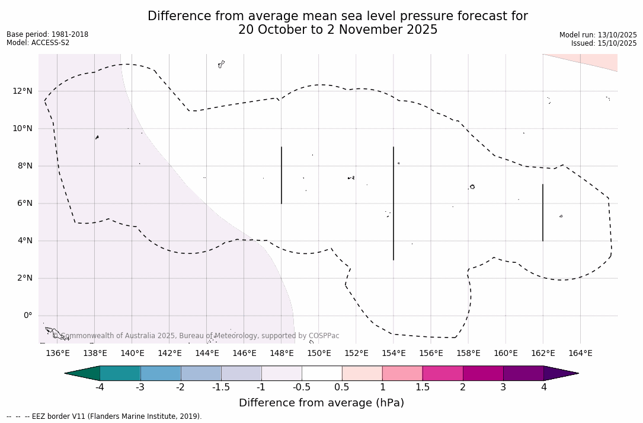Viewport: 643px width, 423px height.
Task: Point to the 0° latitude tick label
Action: point(27,316)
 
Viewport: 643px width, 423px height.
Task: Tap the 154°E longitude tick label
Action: point(394,354)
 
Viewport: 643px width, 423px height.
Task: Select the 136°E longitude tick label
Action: point(57,354)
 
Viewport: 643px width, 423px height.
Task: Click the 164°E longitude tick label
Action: point(580,354)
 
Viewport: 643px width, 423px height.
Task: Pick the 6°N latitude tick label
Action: point(24,203)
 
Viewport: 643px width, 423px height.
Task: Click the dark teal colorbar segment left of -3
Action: point(120,373)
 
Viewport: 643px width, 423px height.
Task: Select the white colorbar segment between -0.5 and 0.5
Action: point(322,373)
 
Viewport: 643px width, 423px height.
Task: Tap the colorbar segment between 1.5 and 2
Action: point(443,373)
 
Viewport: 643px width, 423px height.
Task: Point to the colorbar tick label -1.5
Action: point(221,387)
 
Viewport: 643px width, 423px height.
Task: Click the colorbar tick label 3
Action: point(503,387)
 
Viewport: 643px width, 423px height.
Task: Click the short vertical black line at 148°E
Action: point(281,175)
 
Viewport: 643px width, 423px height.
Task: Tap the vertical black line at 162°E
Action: point(543,212)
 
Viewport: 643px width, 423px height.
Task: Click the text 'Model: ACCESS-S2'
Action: point(38,43)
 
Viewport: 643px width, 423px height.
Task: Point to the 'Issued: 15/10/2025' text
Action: point(604,43)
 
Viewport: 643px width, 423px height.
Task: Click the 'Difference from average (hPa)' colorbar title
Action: point(321,403)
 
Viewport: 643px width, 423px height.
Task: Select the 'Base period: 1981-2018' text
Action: point(47,34)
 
